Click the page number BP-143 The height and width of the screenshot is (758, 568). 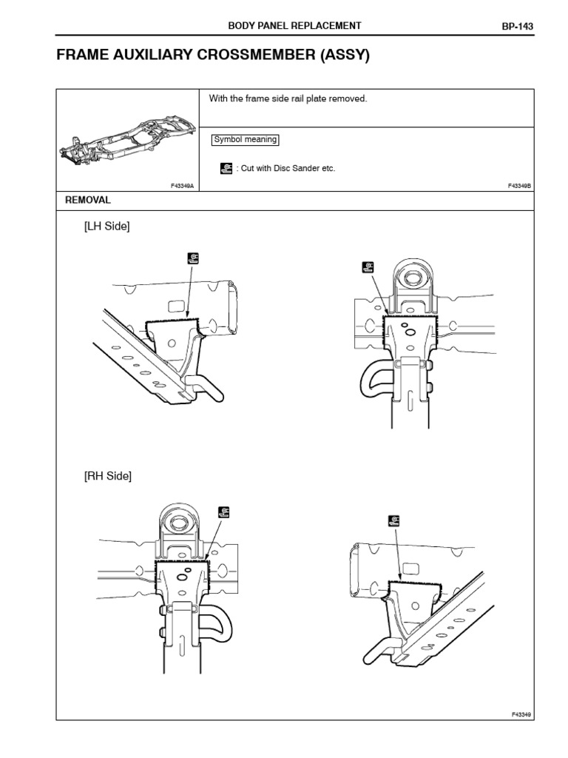click(518, 26)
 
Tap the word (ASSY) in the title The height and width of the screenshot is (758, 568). click(345, 56)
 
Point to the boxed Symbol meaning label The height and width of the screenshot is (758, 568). click(245, 139)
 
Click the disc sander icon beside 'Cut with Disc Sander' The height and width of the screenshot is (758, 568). click(226, 168)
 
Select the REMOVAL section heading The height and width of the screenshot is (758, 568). click(88, 200)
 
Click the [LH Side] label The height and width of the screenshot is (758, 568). click(106, 227)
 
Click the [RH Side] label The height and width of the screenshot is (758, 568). click(107, 476)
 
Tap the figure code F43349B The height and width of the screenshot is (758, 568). click(520, 187)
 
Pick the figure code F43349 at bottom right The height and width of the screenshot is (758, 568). click(521, 714)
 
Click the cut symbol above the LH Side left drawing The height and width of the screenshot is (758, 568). click(193, 258)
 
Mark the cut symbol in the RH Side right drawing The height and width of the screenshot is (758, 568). click(393, 520)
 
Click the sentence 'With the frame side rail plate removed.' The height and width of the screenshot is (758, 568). click(288, 98)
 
